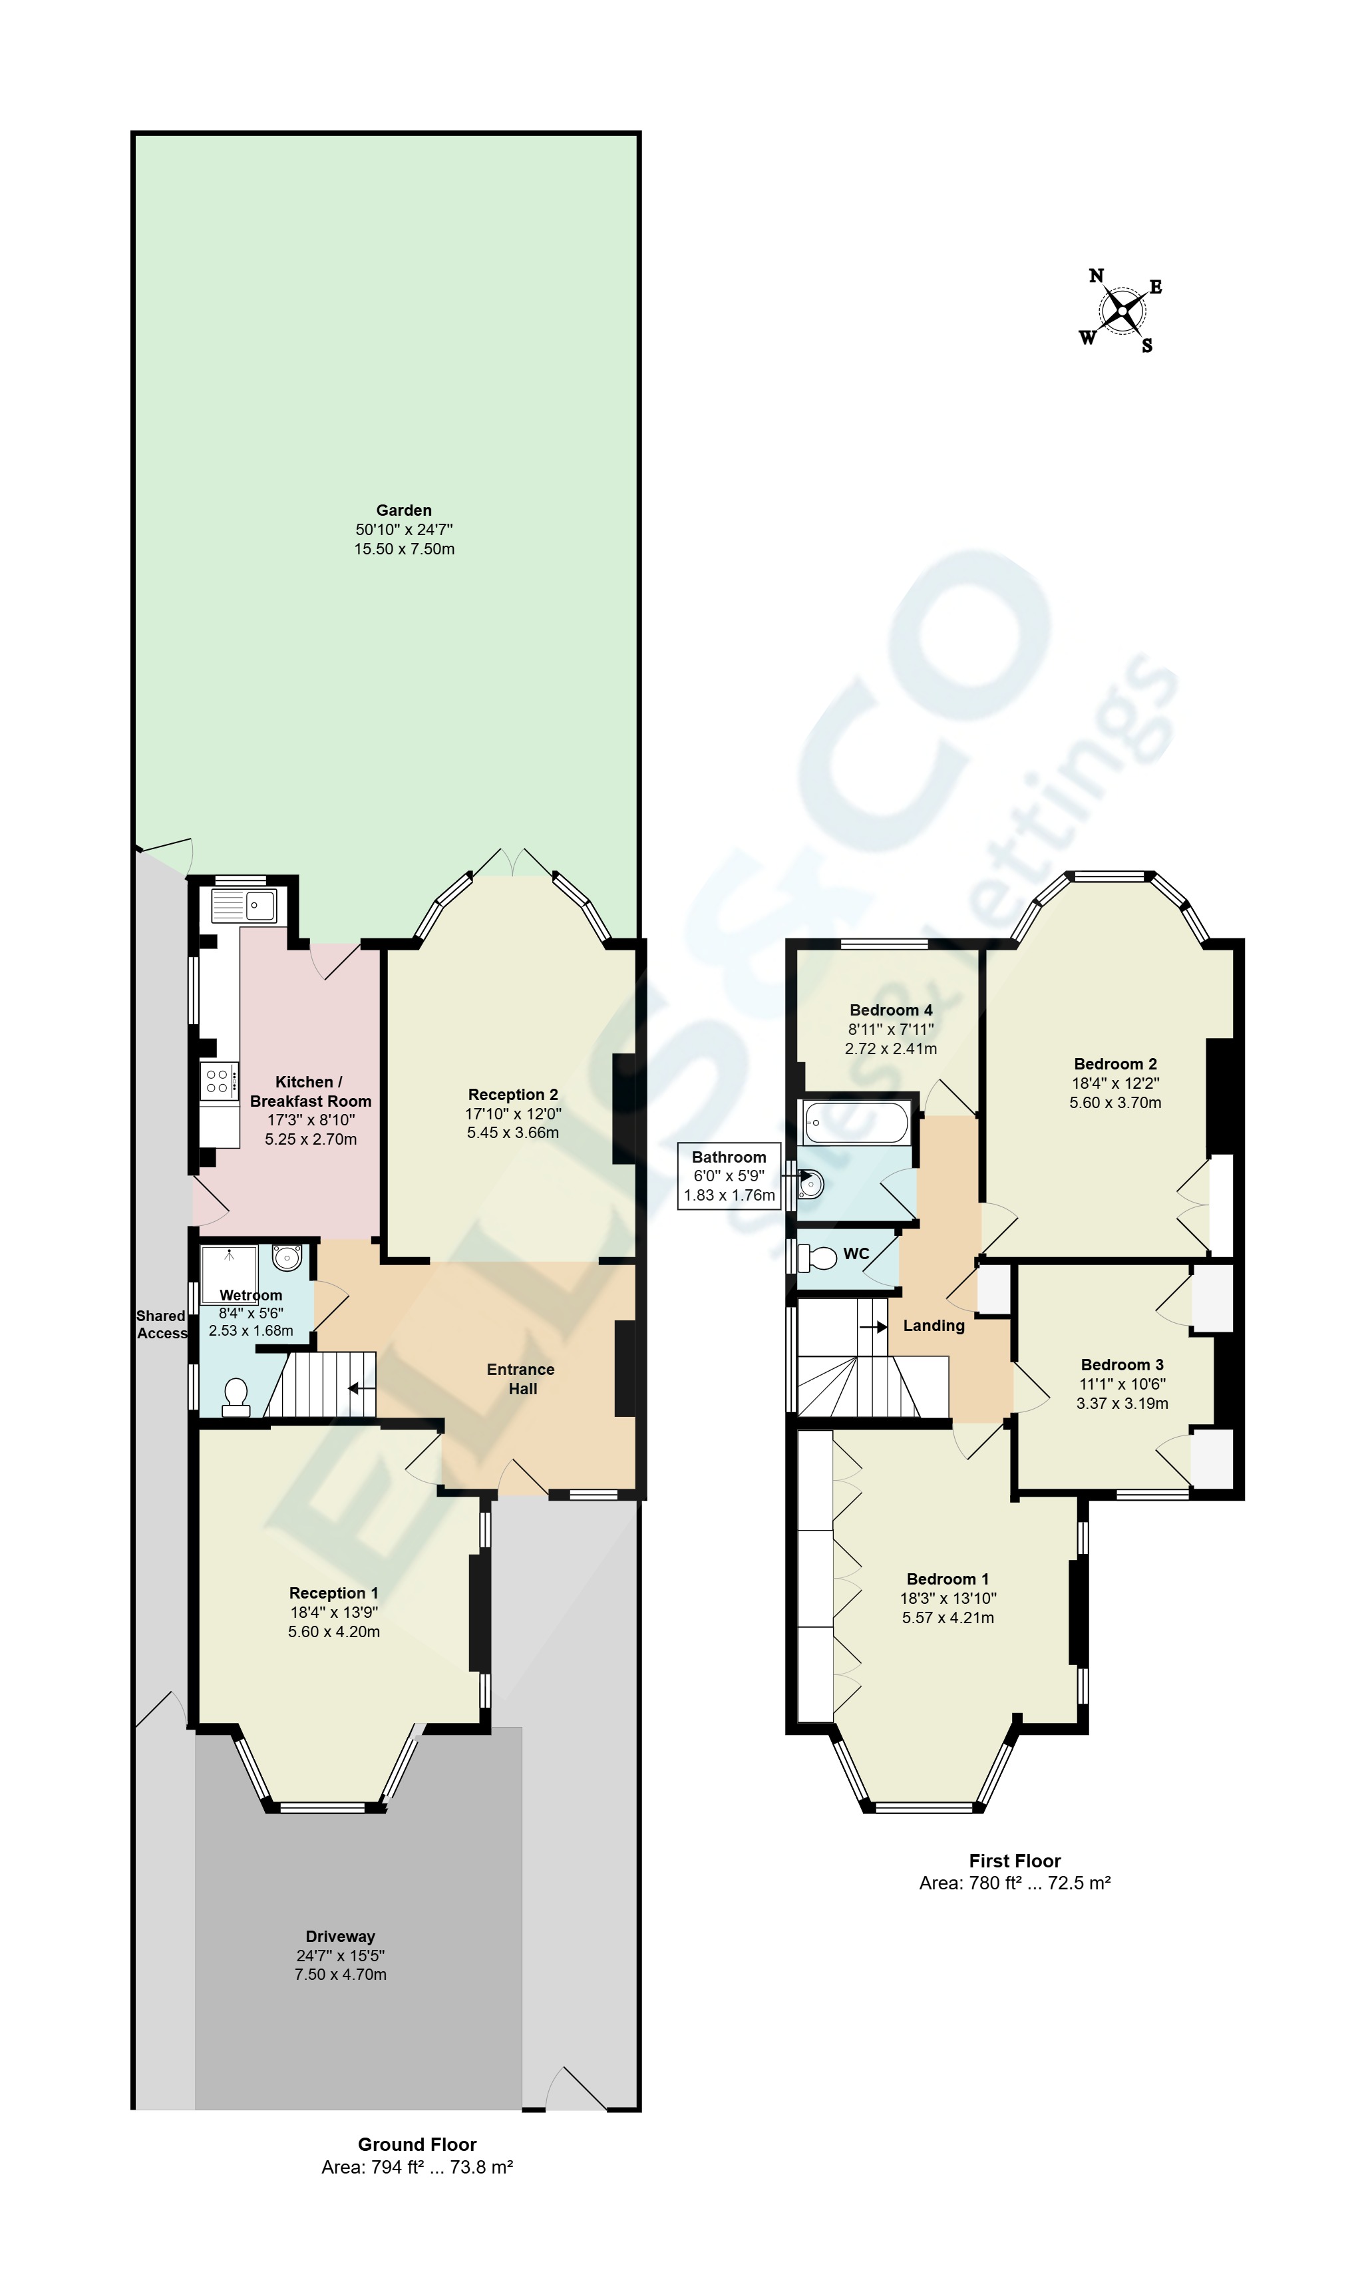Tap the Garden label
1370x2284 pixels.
tap(403, 510)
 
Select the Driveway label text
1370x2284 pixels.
tap(341, 1936)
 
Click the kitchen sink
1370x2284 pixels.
tap(244, 906)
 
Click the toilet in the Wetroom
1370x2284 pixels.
tap(236, 1398)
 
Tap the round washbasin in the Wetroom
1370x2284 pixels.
tap(287, 1256)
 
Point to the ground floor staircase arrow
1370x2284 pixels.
tap(361, 1388)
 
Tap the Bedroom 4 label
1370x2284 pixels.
tap(891, 1010)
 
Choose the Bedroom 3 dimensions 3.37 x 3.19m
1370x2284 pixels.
tap(1122, 1404)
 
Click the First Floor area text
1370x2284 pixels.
tap(1015, 1883)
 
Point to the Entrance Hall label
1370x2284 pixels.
tap(521, 1378)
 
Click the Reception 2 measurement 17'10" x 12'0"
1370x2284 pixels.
tap(513, 1113)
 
